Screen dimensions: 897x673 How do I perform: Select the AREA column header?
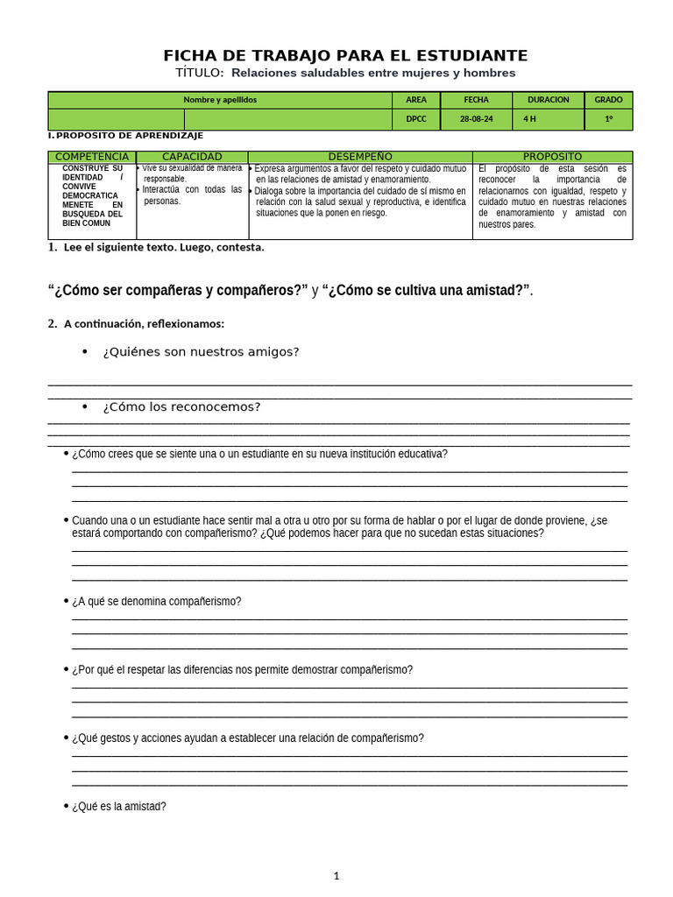pos(416,100)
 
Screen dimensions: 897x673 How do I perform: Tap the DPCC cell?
pos(416,119)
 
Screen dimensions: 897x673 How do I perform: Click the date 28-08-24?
pos(477,119)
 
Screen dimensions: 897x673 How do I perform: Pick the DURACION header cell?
pos(549,100)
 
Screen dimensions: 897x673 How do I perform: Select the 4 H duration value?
pos(530,119)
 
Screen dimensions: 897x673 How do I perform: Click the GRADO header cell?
pos(608,100)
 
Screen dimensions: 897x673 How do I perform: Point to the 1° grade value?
pos(608,119)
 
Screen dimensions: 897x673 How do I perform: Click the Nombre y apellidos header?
pos(220,100)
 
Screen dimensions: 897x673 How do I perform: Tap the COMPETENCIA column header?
pos(92,157)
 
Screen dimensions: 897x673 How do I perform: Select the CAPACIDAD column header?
pos(192,157)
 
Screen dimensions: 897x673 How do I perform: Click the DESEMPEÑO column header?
pos(360,157)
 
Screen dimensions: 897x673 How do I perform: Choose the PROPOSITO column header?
pos(552,157)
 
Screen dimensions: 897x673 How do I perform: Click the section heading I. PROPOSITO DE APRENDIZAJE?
pos(125,136)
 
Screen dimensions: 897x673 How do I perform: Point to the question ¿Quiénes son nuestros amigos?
pos(201,352)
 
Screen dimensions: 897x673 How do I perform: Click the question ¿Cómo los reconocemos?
pos(181,407)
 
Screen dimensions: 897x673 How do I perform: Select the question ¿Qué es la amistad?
pos(118,807)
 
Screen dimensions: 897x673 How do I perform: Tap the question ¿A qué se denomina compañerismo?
pos(156,602)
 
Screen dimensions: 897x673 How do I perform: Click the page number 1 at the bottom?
pos(336,875)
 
